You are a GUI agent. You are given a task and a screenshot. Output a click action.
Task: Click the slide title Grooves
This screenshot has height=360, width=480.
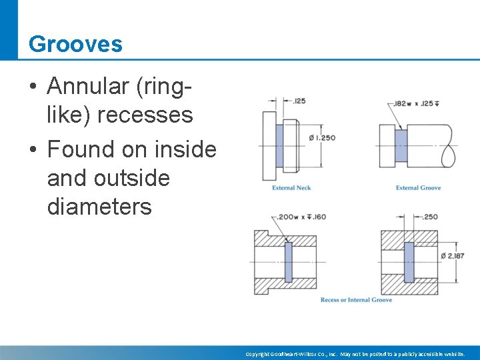click(x=75, y=44)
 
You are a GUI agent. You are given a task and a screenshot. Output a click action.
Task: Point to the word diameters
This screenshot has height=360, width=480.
click(x=99, y=207)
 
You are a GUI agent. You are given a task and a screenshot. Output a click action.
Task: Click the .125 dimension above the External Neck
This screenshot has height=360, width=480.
click(x=299, y=101)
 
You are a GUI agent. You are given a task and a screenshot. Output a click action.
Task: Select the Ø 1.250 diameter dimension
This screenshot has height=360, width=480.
click(x=323, y=138)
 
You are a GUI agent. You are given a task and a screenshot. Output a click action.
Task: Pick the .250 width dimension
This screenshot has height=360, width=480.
click(x=430, y=217)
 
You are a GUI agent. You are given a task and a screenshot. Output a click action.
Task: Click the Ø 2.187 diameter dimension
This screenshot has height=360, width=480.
click(x=453, y=256)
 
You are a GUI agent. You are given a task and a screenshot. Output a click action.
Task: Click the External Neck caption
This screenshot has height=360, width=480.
click(x=291, y=188)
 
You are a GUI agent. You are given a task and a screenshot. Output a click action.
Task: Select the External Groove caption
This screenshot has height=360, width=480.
click(x=418, y=188)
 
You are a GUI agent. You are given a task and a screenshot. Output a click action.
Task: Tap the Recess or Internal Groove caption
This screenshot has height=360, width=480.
click(x=356, y=300)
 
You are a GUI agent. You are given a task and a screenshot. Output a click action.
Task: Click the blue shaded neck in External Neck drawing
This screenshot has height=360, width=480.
click(x=279, y=147)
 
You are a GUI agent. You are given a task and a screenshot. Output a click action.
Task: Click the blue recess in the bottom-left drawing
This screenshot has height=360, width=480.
click(x=288, y=262)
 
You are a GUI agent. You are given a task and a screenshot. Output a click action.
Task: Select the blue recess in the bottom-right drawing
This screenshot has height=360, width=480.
click(x=409, y=262)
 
